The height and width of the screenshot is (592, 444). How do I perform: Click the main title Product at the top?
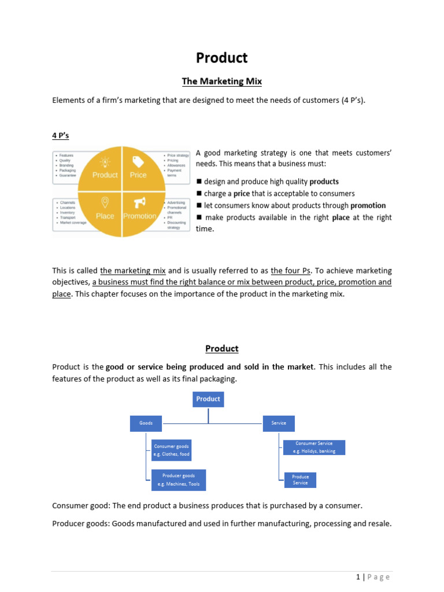(x=221, y=58)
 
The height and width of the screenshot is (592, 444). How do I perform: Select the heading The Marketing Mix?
(x=222, y=82)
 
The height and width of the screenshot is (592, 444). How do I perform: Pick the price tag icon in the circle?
(x=138, y=161)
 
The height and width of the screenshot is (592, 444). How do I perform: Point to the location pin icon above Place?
(x=105, y=202)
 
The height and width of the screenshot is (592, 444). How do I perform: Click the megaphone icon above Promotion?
(x=139, y=202)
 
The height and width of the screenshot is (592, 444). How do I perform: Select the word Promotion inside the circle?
(x=139, y=216)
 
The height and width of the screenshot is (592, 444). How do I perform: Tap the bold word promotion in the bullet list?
(x=368, y=205)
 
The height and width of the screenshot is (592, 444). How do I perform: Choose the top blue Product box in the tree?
(x=208, y=399)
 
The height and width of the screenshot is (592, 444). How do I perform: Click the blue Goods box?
(x=146, y=423)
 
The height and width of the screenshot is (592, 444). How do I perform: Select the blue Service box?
(x=279, y=423)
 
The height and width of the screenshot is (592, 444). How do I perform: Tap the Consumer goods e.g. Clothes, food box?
(x=171, y=450)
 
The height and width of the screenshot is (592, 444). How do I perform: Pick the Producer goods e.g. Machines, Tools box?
(x=179, y=480)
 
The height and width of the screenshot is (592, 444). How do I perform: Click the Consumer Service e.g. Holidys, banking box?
(x=314, y=447)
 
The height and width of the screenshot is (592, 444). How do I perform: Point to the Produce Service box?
(x=300, y=480)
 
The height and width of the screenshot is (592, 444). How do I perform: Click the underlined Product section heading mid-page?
(x=222, y=349)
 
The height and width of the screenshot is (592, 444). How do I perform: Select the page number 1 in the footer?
(x=358, y=576)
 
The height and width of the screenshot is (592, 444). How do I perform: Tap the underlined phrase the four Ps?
(x=291, y=271)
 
